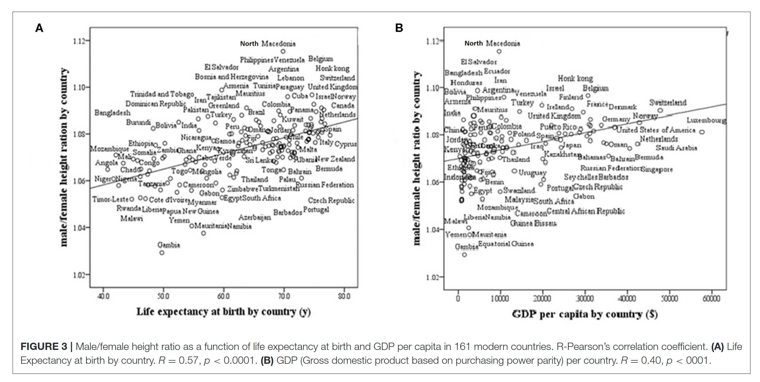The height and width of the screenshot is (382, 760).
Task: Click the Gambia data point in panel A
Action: [x=162, y=253]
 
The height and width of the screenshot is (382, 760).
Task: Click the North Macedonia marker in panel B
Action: [x=499, y=51]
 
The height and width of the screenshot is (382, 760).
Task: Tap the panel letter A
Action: [x=39, y=28]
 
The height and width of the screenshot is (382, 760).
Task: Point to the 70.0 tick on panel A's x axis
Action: [x=284, y=296]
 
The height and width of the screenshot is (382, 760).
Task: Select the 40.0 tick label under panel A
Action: [x=103, y=296]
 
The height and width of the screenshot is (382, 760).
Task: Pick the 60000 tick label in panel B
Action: [x=711, y=299]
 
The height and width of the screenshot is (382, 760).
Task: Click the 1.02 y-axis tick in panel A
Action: [x=79, y=275]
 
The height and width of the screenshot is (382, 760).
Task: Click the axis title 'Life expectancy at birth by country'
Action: [x=223, y=312]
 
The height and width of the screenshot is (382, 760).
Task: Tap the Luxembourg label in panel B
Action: [x=706, y=120]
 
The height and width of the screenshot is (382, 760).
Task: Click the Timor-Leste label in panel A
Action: [x=110, y=199]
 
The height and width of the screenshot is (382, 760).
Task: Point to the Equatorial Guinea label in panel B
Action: [x=506, y=244]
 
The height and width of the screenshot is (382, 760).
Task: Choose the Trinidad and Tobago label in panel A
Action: [x=162, y=94]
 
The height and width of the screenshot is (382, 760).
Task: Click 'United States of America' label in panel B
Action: [x=655, y=130]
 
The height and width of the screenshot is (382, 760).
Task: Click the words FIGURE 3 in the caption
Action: [x=44, y=346]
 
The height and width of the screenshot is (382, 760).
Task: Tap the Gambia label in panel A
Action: [x=168, y=245]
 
